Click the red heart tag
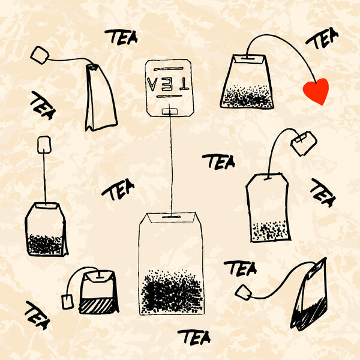(x=316, y=91)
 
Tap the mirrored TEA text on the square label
(x=168, y=84)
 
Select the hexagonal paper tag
(x=304, y=143)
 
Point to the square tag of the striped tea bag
(x=67, y=301)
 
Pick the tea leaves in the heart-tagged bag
(x=247, y=96)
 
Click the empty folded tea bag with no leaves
(x=100, y=98)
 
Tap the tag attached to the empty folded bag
(x=40, y=55)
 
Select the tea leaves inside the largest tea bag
(x=172, y=292)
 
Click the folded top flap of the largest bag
(x=171, y=217)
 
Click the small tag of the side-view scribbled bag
(x=244, y=292)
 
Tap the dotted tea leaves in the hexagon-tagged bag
(x=269, y=231)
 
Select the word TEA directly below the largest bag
(x=194, y=337)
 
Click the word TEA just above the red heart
(x=323, y=38)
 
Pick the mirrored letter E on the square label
(x=168, y=84)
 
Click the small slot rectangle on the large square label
(x=170, y=112)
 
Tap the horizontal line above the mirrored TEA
(x=169, y=68)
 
